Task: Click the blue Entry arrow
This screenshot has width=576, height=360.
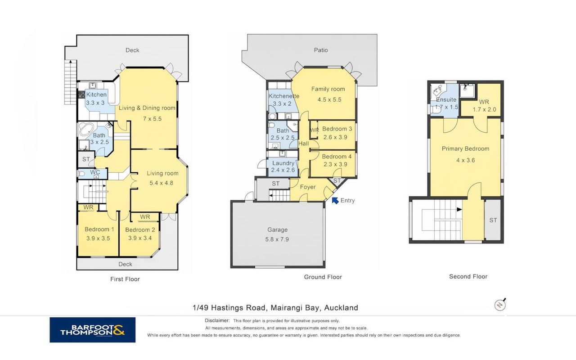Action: pos(335,200)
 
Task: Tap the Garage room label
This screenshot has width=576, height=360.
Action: pos(277,229)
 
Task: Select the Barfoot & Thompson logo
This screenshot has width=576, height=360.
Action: pos(93,330)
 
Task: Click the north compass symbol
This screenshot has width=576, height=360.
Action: pos(500,305)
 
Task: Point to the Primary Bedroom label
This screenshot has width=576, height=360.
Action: pos(465,148)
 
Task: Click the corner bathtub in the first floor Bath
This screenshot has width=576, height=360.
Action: pos(86,129)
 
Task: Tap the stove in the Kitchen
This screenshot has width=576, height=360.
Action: pos(81,94)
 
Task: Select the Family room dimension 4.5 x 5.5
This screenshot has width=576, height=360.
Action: pos(329,99)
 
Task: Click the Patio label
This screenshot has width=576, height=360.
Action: pos(321,50)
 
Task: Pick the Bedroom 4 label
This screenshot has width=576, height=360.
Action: pos(337,156)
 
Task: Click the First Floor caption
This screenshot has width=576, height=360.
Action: pos(125,279)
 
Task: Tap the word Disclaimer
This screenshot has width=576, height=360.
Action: pos(217,320)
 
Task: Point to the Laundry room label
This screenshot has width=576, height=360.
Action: pos(283,163)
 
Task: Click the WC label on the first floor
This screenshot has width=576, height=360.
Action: pos(95,172)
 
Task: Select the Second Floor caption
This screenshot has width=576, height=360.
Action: pos(468,276)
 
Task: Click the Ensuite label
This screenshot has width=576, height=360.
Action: pos(446,99)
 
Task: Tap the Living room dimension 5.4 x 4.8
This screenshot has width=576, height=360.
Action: pos(161,183)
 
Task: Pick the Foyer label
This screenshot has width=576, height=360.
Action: pos(308,187)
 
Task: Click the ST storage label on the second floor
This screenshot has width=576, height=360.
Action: pos(493,220)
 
